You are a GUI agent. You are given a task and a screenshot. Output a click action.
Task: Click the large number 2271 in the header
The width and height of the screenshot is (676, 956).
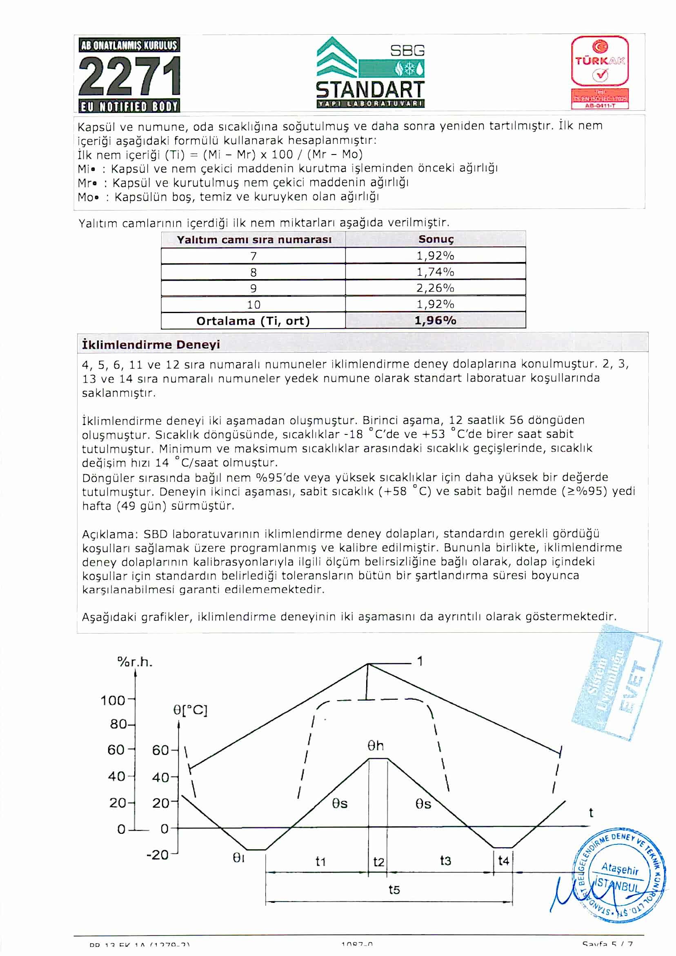click(129, 76)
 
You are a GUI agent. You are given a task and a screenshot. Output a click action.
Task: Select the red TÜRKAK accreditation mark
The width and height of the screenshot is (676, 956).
click(600, 72)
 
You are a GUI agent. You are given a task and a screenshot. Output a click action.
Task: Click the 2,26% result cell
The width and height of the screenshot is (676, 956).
click(435, 288)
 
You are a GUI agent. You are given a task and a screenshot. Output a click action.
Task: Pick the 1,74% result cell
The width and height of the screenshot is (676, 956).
click(435, 272)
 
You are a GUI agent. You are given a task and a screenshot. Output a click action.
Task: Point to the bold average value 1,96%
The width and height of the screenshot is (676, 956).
click(435, 320)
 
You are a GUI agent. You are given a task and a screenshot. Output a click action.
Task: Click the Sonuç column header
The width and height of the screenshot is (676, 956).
click(436, 239)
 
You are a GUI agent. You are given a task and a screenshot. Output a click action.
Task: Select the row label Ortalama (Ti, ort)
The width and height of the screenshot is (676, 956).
click(253, 321)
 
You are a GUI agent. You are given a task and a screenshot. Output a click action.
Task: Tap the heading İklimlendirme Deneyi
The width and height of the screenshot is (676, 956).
click(151, 345)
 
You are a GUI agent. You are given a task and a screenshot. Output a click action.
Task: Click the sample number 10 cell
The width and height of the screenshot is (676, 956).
click(253, 304)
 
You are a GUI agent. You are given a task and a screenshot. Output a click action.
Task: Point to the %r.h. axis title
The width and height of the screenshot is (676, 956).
click(135, 662)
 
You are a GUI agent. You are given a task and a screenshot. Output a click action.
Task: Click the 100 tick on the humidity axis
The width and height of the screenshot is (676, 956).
click(113, 700)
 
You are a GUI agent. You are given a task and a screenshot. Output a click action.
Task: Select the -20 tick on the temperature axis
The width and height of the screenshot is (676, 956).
click(157, 855)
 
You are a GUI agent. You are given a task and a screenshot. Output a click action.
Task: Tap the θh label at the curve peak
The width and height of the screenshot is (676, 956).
click(376, 746)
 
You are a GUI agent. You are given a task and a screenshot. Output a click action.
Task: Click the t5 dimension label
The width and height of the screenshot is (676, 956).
click(394, 890)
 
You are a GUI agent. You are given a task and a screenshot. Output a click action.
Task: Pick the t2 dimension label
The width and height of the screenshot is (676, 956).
click(378, 862)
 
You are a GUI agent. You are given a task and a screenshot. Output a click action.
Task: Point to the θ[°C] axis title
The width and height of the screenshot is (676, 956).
click(190, 710)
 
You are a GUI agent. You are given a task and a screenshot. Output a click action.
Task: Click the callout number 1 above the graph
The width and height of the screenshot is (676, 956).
click(420, 661)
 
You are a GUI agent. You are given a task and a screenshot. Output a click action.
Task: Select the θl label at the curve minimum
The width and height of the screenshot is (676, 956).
click(238, 857)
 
